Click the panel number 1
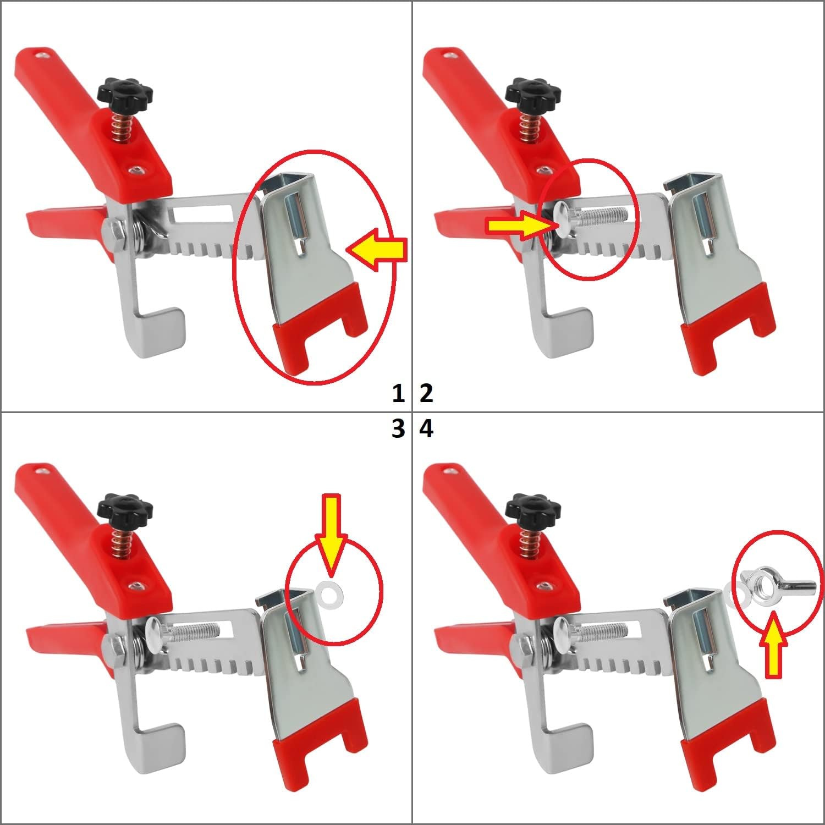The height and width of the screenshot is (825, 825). (x=398, y=393)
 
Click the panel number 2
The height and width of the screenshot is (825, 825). (x=426, y=393)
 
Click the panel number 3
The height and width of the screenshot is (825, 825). (x=398, y=428)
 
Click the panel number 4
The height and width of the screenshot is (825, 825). (x=426, y=428)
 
